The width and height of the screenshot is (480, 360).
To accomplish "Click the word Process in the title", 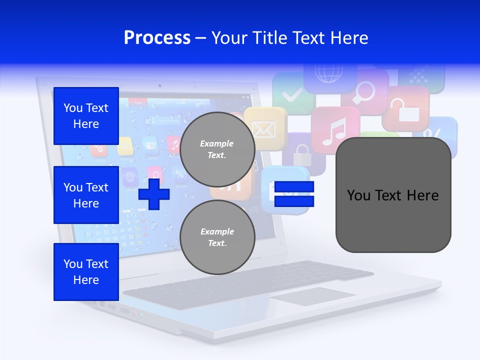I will point(157,38).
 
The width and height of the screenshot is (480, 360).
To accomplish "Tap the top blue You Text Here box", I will point(86,116).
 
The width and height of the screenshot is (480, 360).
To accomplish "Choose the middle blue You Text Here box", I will point(86,195).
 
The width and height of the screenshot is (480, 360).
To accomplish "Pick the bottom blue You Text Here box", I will point(86,272).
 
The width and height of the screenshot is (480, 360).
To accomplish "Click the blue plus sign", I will point(154,193).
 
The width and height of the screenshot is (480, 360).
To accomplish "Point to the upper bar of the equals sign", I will point(294,187).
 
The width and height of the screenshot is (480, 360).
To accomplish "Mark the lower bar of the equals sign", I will point(294,201).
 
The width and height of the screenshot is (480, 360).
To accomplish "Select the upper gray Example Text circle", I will point(217,149).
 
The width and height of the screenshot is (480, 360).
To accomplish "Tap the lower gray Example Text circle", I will point(217,237).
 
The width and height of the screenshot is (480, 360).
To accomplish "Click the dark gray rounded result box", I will point(393,195).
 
